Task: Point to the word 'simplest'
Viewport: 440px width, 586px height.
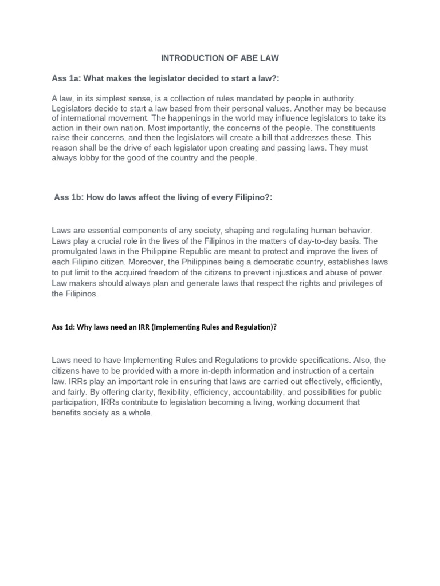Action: (127, 99)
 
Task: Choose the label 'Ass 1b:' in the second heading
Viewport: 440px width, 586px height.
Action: (70, 197)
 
